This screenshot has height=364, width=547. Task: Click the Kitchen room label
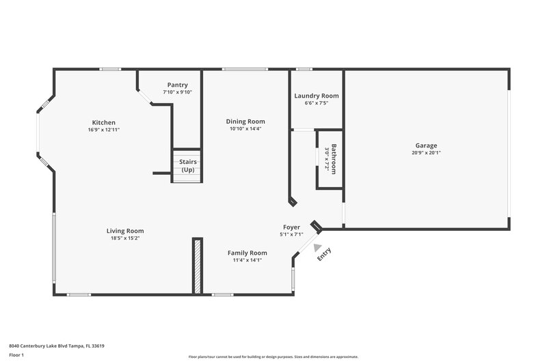(104, 122)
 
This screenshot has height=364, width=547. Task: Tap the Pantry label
(178, 85)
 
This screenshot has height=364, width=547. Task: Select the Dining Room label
(245, 121)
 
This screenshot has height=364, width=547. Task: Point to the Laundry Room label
(317, 96)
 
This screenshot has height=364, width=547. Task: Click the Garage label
(425, 145)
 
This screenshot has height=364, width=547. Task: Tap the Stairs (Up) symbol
(187, 166)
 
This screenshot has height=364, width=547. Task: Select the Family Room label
(247, 252)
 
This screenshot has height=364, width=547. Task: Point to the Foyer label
(291, 227)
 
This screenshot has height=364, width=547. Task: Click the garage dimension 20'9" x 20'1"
(426, 153)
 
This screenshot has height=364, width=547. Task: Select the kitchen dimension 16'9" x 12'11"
(104, 130)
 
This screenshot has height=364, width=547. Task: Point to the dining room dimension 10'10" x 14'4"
(245, 128)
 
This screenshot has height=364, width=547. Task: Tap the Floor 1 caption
(16, 355)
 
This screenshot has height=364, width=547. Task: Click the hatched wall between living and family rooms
(197, 266)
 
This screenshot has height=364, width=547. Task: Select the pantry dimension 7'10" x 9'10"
(178, 92)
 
